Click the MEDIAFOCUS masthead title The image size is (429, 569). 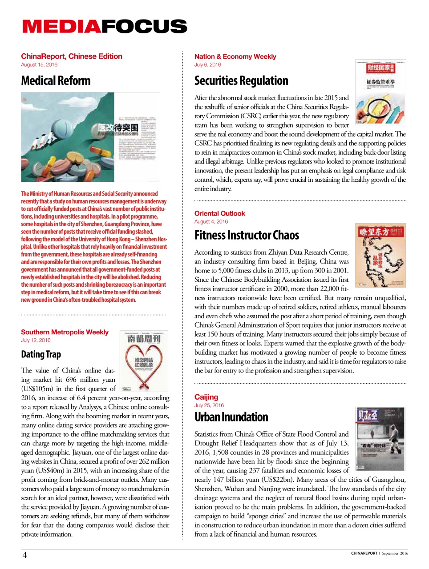[105, 27]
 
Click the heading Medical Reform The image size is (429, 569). [56, 81]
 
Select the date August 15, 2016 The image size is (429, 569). [39, 65]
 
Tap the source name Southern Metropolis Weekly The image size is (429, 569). [65, 332]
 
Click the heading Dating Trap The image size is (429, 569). [41, 354]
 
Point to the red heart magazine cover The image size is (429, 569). [144, 361]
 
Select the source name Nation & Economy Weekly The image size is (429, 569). [235, 56]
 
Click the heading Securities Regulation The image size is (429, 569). [241, 81]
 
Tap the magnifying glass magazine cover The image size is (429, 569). [380, 92]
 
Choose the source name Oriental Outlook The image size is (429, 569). [219, 213]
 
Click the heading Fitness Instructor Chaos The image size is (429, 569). [247, 235]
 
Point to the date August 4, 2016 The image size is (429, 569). [211, 222]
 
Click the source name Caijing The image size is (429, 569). [206, 397]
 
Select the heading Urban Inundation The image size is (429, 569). [231, 417]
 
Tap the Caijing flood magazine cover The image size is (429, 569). [380, 439]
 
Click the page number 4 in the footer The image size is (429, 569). [24, 555]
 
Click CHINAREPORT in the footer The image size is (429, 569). [364, 553]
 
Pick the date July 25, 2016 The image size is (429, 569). [209, 405]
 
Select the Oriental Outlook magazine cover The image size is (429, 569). [380, 255]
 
